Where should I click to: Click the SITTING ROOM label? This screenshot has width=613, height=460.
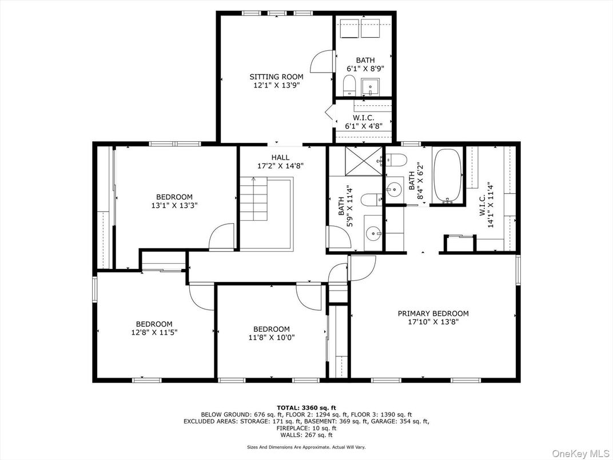point(276,77)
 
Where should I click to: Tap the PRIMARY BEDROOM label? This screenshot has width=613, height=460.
point(433,314)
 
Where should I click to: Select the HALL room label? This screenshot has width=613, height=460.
point(280,157)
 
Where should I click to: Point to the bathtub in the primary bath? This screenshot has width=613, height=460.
point(448,175)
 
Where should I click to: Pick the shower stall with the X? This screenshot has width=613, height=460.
point(363,161)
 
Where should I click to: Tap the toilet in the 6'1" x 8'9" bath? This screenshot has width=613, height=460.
point(349,85)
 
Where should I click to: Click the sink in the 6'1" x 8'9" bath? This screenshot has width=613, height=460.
point(370,87)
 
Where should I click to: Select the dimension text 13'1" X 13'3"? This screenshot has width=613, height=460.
point(174,205)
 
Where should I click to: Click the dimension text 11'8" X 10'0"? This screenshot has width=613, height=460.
point(271,338)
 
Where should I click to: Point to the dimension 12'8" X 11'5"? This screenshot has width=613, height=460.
point(154,332)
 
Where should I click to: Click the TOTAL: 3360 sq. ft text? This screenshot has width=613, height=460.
point(306,407)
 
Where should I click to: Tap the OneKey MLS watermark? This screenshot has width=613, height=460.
point(581,453)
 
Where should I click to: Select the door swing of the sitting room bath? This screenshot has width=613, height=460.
point(323,61)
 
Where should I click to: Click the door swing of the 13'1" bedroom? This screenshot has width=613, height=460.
point(222,236)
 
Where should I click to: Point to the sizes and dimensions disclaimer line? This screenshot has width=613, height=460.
point(306,447)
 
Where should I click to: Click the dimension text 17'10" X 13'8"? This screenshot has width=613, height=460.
point(433,322)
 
